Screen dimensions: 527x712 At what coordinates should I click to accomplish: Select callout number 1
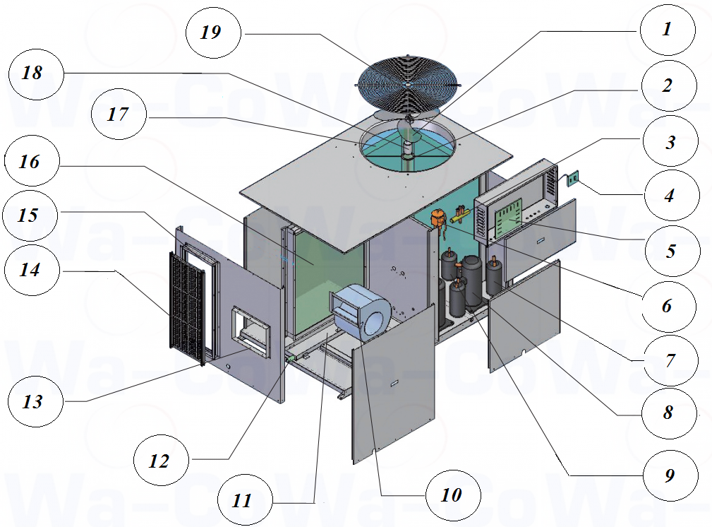click(667, 30)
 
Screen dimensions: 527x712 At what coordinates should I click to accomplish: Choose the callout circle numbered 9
click(669, 475)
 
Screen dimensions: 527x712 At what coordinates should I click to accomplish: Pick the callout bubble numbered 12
click(160, 461)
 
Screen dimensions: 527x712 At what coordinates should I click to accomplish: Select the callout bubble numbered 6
click(667, 307)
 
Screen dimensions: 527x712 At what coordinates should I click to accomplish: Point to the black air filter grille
click(186, 307)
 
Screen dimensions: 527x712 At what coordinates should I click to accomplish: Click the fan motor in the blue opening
click(408, 148)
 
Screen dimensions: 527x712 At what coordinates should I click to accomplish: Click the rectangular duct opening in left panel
click(251, 328)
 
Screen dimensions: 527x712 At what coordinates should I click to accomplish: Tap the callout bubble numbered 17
click(119, 113)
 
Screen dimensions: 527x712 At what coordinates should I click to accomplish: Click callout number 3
click(670, 141)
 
